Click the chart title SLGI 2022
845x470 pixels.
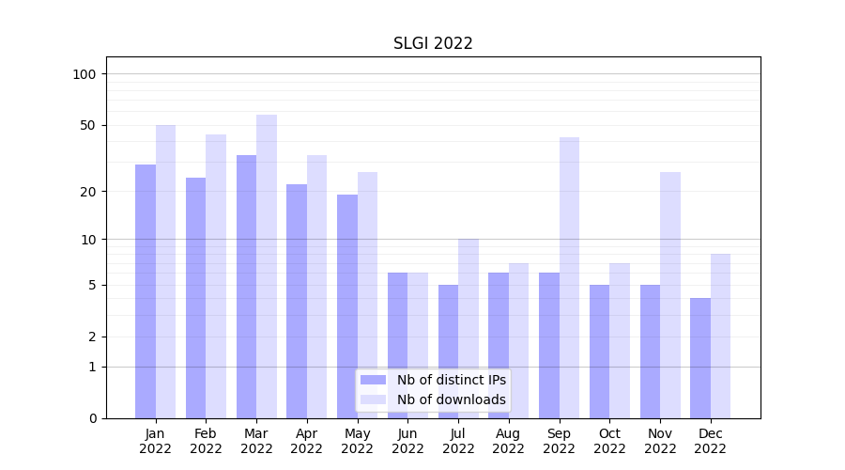point(433,43)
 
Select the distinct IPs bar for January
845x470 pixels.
point(146,291)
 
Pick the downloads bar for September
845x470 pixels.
point(569,277)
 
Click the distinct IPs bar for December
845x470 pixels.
point(700,358)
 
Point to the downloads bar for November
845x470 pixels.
point(670,295)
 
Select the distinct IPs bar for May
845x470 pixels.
point(347,306)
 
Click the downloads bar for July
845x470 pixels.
point(469,328)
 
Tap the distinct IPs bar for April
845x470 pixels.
point(297,301)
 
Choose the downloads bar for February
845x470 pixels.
point(216,276)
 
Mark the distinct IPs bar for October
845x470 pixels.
point(599,352)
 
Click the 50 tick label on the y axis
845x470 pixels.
point(87,125)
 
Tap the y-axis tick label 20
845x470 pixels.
point(87,192)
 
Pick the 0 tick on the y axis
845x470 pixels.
point(92,418)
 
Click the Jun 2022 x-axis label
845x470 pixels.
point(407,441)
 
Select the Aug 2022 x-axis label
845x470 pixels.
point(509,441)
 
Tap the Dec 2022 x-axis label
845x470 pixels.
point(711,441)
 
